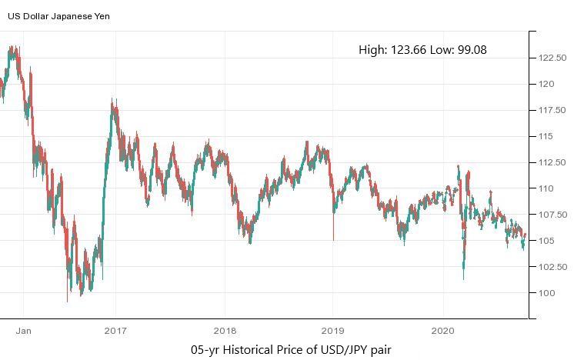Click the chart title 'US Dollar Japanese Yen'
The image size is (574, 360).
tap(58, 15)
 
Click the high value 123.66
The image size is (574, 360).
tap(409, 50)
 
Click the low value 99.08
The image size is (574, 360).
tap(470, 50)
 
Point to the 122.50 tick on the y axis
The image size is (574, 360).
tap(552, 58)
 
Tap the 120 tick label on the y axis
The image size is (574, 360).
tap(546, 84)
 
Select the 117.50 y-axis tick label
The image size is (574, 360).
tap(552, 110)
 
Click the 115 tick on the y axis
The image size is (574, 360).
tap(546, 136)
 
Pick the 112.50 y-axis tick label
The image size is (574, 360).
tap(552, 162)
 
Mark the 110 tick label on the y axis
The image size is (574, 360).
tap(546, 188)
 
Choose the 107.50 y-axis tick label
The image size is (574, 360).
tap(552, 215)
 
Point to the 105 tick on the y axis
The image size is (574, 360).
tap(546, 241)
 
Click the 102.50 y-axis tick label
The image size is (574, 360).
tap(552, 267)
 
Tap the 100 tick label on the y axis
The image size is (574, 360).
tap(546, 293)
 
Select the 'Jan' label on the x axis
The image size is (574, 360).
tap(23, 331)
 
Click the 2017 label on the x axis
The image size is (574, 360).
tap(115, 331)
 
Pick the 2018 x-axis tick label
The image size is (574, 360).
tap(225, 331)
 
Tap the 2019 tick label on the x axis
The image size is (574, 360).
tap(333, 331)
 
